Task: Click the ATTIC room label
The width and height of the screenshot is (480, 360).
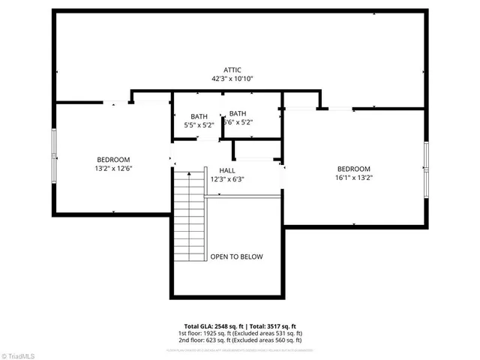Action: click(232, 70)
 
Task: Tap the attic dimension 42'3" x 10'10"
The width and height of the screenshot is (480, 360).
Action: click(232, 79)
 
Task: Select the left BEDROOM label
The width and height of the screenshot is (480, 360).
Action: click(113, 159)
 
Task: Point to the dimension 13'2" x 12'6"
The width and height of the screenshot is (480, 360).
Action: click(113, 169)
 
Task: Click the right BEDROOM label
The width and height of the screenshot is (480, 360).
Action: click(353, 169)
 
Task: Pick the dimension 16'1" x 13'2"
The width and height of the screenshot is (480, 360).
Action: click(353, 178)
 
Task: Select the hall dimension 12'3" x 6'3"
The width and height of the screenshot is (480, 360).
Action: click(226, 179)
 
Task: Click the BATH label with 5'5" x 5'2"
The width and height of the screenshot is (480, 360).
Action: click(199, 116)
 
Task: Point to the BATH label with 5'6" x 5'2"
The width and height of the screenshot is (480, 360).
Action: click(238, 113)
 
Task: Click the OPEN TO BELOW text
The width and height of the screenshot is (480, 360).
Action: click(236, 256)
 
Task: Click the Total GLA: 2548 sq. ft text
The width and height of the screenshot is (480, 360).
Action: click(206, 326)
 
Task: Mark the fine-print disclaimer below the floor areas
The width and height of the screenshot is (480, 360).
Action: click(239, 347)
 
